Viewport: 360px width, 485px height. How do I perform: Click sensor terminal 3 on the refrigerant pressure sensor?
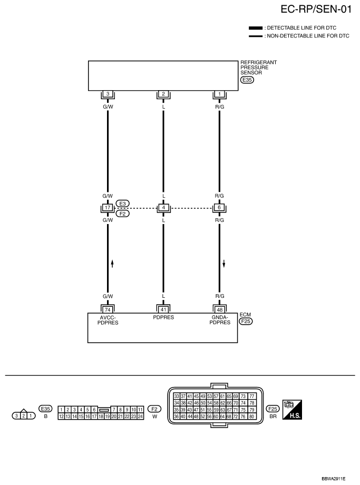click(x=108, y=94)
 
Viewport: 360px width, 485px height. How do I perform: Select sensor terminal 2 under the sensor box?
click(x=163, y=94)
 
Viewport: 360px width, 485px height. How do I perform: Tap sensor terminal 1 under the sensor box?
click(x=219, y=94)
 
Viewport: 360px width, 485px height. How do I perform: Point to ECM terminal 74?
click(x=108, y=309)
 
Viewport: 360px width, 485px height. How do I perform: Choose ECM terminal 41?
click(x=163, y=309)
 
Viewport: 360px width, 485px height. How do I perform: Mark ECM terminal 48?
click(x=219, y=309)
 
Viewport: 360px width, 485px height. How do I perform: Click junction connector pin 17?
click(x=108, y=208)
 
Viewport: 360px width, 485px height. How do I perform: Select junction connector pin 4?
click(x=163, y=208)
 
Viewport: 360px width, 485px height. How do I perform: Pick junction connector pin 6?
click(x=219, y=208)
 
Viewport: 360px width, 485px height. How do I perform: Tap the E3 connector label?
click(x=122, y=203)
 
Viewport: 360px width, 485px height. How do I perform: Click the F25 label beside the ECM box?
click(x=246, y=321)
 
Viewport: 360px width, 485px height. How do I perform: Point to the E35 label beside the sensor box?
click(x=246, y=81)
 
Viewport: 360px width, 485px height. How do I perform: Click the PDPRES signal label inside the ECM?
click(x=163, y=318)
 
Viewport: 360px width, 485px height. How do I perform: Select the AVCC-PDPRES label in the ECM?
click(x=108, y=320)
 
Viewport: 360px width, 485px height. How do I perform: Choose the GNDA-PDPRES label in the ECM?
click(x=219, y=320)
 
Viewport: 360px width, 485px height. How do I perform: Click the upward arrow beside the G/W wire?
click(x=112, y=263)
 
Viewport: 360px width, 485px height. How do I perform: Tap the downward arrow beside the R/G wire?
click(x=224, y=263)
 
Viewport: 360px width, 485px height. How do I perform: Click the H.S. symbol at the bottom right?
click(x=293, y=409)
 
